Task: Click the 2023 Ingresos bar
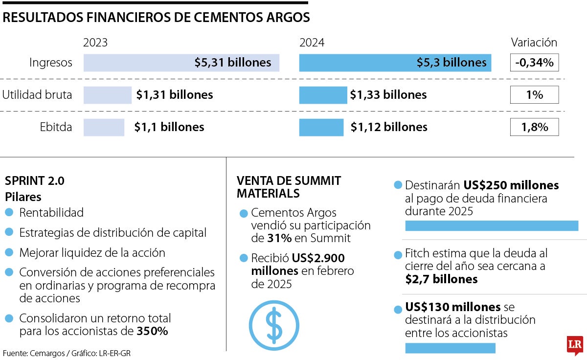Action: (181, 63)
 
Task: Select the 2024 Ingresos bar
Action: (395, 63)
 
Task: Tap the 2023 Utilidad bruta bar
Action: (108, 95)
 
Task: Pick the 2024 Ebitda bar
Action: (321, 127)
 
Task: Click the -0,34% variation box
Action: (534, 63)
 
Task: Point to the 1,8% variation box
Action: (534, 128)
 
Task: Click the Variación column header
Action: (534, 43)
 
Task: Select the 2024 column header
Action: (312, 43)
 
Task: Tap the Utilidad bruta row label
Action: (37, 95)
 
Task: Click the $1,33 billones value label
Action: (388, 95)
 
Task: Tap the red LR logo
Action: (574, 345)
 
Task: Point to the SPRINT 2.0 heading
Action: (35, 181)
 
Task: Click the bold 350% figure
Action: (153, 331)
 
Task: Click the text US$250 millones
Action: (511, 186)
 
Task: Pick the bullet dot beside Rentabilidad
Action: (9, 213)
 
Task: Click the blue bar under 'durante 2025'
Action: (492, 225)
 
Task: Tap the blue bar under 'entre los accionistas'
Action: (450, 348)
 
